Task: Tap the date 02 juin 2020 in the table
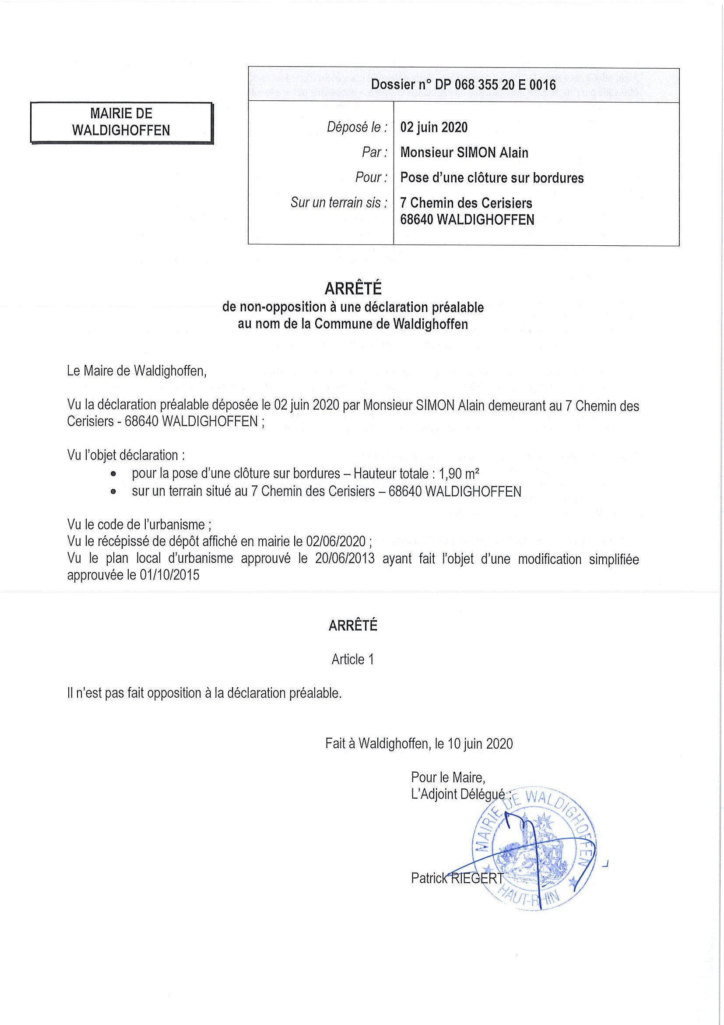[434, 127]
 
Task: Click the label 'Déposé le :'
[357, 127]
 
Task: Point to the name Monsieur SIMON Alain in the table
[464, 153]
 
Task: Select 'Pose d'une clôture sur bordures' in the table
[492, 178]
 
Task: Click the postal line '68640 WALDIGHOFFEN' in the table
[467, 219]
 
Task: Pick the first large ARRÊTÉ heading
[353, 289]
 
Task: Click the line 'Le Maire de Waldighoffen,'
[137, 371]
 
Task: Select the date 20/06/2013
[344, 559]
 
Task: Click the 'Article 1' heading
[352, 659]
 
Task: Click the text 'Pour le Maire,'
[448, 777]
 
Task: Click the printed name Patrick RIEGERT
[457, 878]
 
